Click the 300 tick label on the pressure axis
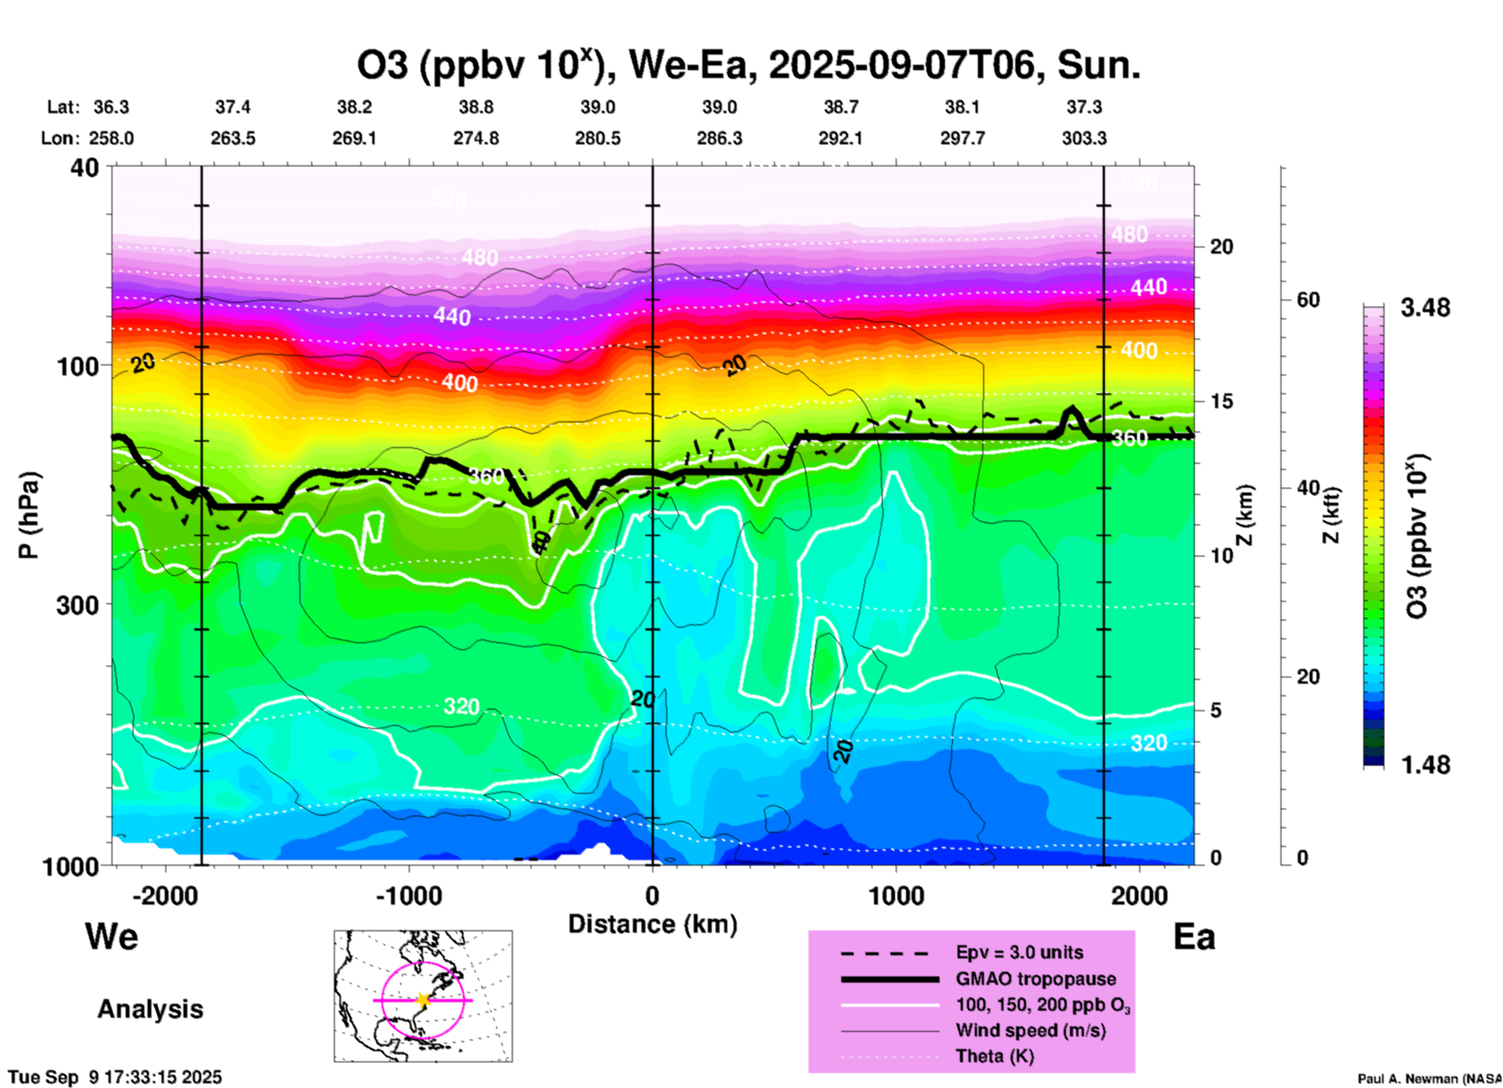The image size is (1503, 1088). (77, 604)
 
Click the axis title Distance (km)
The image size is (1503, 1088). (652, 924)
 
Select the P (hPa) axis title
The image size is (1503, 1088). (28, 515)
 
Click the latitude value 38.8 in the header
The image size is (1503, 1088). (476, 107)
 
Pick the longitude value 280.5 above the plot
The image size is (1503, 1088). (598, 138)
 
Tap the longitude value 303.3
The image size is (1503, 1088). (1084, 138)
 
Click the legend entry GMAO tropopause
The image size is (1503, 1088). (1036, 979)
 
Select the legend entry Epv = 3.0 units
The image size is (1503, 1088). (1019, 952)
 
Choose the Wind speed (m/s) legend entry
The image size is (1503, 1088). (1030, 1030)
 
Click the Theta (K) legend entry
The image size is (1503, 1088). (994, 1056)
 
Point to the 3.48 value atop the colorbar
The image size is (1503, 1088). (1425, 308)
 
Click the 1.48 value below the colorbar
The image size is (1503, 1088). (1425, 765)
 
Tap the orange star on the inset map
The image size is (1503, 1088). (423, 1000)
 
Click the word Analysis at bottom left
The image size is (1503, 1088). (150, 1008)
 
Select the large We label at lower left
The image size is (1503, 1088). (112, 936)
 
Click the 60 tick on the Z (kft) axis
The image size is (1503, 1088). (1308, 300)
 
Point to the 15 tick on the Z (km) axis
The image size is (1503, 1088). (1221, 401)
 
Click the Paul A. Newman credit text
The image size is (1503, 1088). (1428, 1079)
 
